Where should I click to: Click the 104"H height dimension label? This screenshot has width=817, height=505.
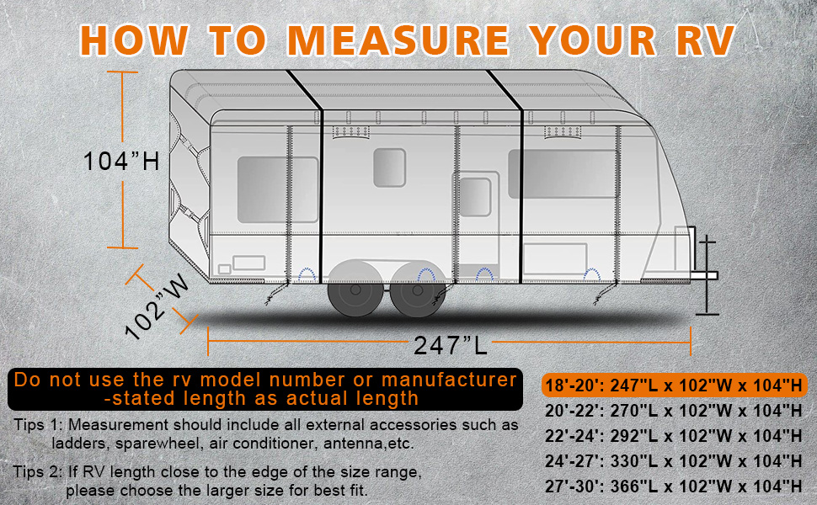[121, 160]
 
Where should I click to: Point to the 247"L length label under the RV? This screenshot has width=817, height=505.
[451, 344]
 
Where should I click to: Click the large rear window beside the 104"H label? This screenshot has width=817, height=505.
[277, 189]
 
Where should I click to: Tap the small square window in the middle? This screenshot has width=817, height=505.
[389, 167]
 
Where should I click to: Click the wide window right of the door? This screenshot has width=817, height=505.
[563, 174]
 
